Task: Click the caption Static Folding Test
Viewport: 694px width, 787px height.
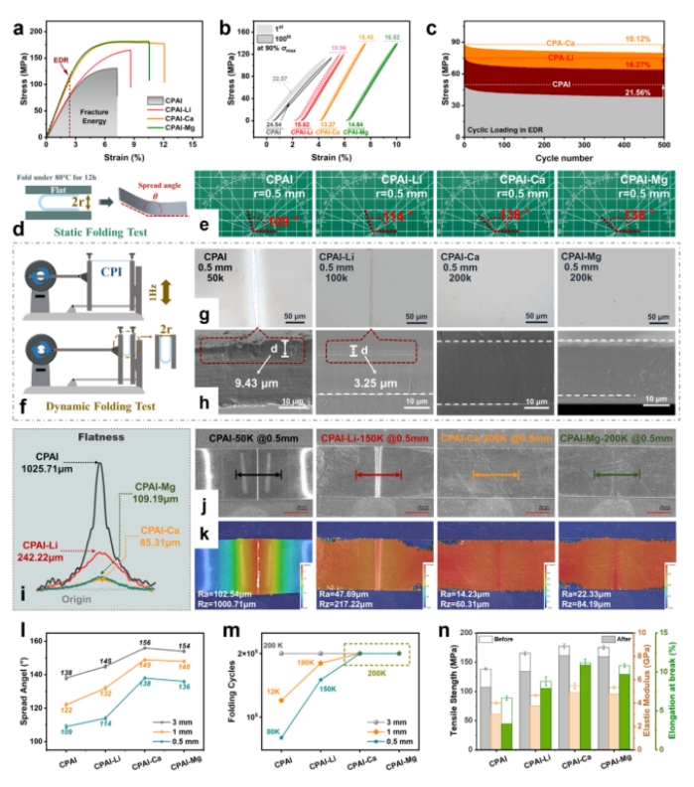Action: [x=90, y=234]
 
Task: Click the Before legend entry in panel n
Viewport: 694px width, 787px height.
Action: [x=521, y=638]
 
